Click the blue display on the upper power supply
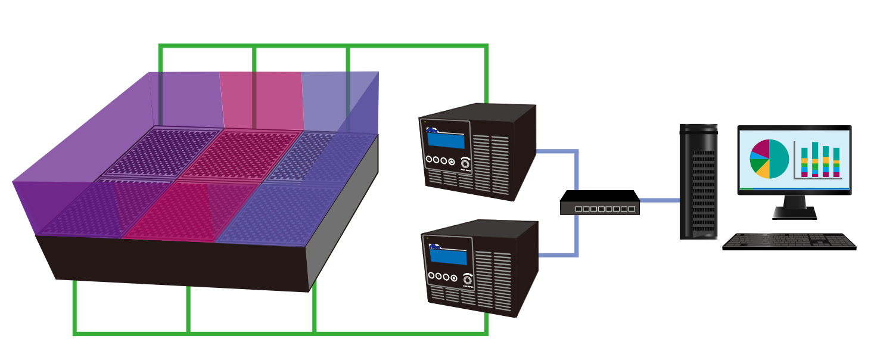pos(446,141)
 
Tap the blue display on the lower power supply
pos(447,256)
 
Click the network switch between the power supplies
pos(599,203)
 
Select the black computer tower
pos(698,182)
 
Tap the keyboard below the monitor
pos(789,241)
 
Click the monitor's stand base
pos(794,212)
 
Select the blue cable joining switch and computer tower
pos(660,200)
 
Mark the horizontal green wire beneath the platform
pos(280,333)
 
